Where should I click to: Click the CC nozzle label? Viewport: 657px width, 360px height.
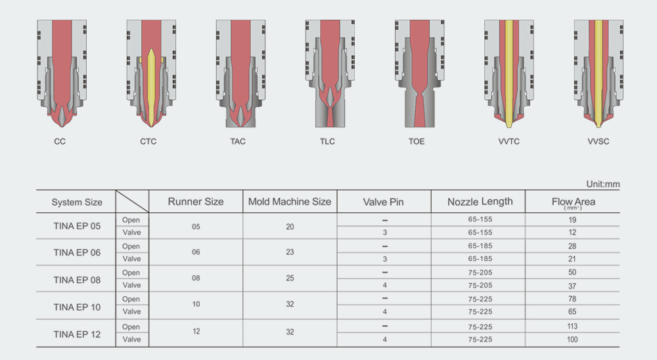[60, 142]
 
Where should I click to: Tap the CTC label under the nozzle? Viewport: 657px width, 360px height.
[148, 142]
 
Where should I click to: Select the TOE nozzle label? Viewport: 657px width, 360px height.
[417, 142]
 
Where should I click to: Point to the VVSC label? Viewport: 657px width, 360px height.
[599, 142]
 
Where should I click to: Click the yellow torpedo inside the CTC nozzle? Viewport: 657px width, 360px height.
[151, 87]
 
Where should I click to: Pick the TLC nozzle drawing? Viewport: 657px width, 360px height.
[330, 74]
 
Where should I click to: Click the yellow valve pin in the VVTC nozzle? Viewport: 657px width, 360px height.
[509, 74]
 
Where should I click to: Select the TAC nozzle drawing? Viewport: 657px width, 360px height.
[241, 74]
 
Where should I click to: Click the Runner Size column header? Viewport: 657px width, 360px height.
[196, 202]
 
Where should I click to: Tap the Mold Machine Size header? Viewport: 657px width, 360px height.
[290, 202]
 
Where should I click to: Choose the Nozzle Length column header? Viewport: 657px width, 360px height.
[480, 202]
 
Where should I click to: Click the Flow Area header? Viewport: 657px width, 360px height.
[573, 202]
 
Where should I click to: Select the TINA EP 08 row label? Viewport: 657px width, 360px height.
[77, 280]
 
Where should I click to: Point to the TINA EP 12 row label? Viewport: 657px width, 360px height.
[77, 334]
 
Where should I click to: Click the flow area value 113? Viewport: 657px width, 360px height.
[572, 326]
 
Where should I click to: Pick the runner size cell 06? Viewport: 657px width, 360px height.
[196, 252]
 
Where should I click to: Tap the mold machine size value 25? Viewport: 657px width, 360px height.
[290, 279]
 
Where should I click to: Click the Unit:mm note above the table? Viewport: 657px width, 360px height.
[603, 184]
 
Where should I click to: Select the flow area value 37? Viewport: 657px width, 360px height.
[572, 286]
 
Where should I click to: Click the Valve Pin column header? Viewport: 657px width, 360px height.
[384, 202]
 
